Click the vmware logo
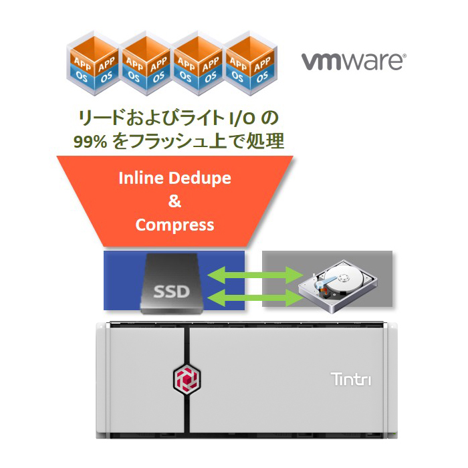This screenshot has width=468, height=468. pyautogui.click(x=352, y=62)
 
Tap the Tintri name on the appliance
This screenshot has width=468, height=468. pyautogui.click(x=351, y=379)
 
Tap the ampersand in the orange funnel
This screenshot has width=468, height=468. pyautogui.click(x=174, y=201)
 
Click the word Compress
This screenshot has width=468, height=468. pyautogui.click(x=174, y=225)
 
